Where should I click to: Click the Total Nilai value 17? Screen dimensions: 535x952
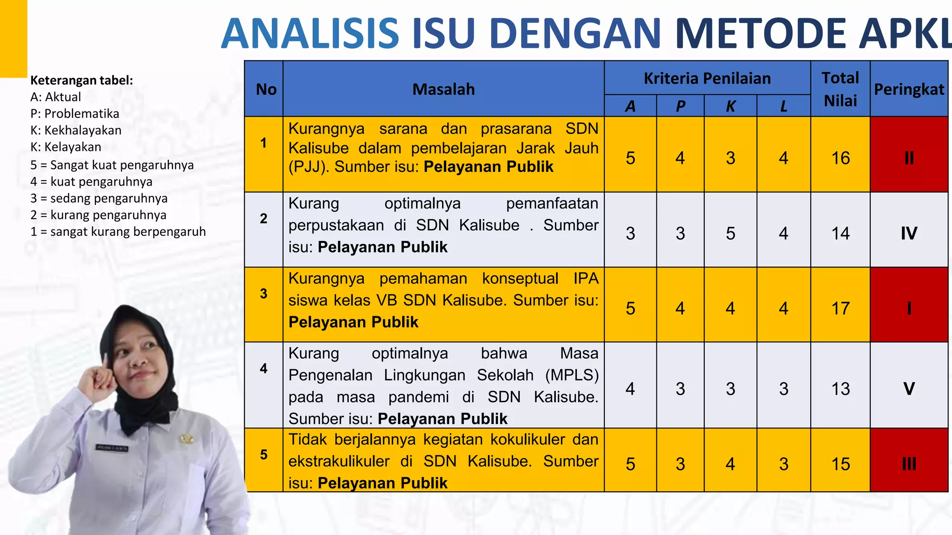(840, 308)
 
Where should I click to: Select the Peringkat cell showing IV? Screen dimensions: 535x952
(909, 233)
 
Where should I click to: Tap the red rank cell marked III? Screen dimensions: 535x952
(909, 464)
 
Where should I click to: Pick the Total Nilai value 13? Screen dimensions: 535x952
(840, 389)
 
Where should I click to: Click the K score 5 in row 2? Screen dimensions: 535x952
(730, 233)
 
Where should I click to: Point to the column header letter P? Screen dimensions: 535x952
(680, 106)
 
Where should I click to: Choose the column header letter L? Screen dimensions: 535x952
(784, 106)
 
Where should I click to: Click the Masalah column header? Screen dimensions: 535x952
(443, 89)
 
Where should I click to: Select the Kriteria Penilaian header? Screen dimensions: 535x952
(707, 78)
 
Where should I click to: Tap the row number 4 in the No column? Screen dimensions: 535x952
(264, 368)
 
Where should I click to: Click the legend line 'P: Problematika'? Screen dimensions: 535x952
(75, 114)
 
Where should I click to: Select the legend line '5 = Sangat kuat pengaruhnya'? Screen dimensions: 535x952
(112, 165)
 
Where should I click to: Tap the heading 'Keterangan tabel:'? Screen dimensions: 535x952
(82, 80)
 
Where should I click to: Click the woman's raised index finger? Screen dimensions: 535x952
(106, 360)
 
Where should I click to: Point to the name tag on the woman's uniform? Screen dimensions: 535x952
(112, 448)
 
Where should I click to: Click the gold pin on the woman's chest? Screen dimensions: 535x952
(187, 438)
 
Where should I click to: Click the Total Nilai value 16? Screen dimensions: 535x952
(840, 158)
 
